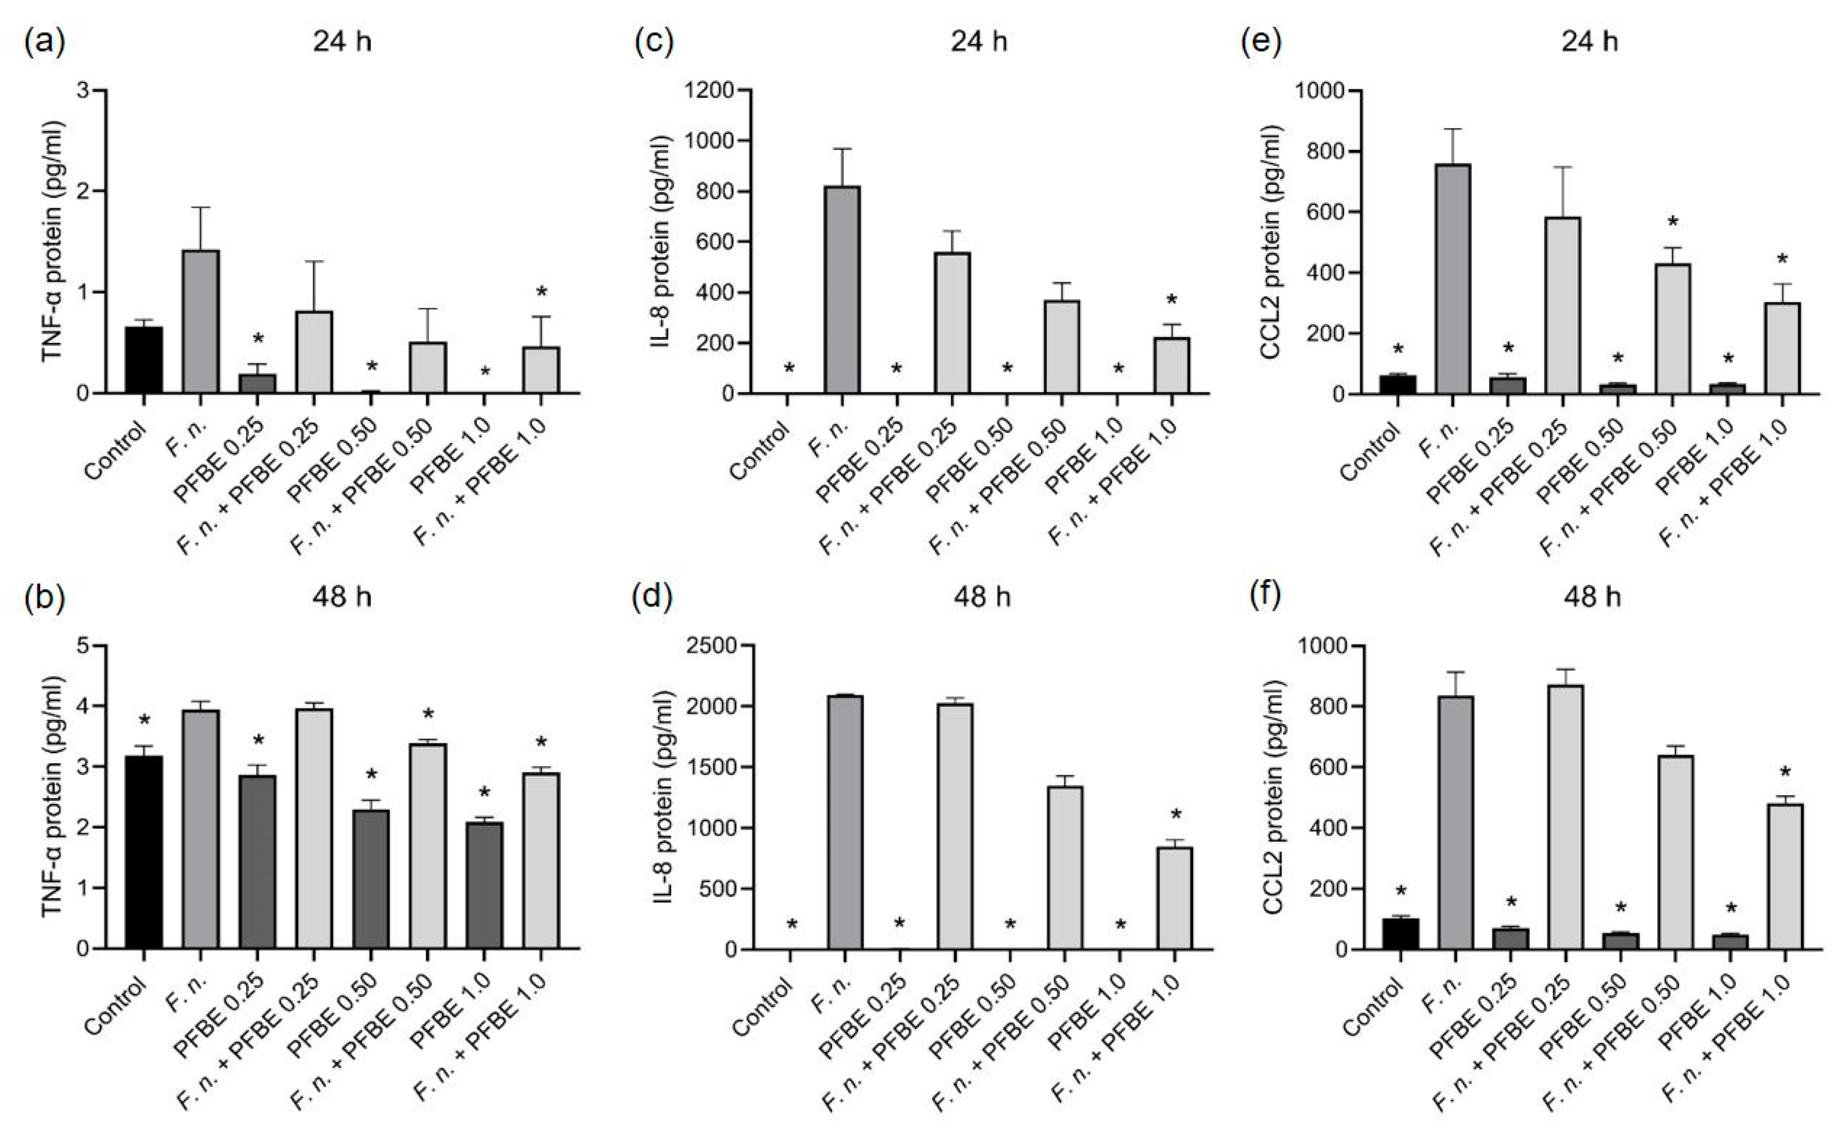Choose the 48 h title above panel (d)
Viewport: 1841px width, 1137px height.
[981, 598]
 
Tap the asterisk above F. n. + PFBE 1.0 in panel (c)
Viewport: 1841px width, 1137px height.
[1171, 301]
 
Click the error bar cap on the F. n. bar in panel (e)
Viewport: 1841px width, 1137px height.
[1453, 129]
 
